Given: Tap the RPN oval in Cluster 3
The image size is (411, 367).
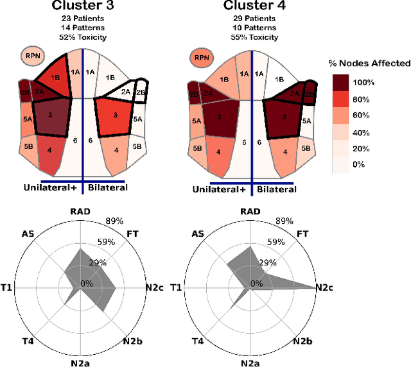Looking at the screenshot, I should pyautogui.click(x=32, y=56).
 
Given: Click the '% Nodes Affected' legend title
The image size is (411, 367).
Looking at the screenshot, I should pyautogui.click(x=365, y=63).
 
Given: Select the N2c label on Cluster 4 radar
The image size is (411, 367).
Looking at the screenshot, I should pyautogui.click(x=324, y=288).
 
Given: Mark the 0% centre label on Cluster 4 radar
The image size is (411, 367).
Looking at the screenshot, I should pyautogui.click(x=256, y=284).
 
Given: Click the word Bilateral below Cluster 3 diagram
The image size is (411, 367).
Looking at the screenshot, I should pyautogui.click(x=107, y=187).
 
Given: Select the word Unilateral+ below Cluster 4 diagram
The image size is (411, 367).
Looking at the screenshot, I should pyautogui.click(x=219, y=189).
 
